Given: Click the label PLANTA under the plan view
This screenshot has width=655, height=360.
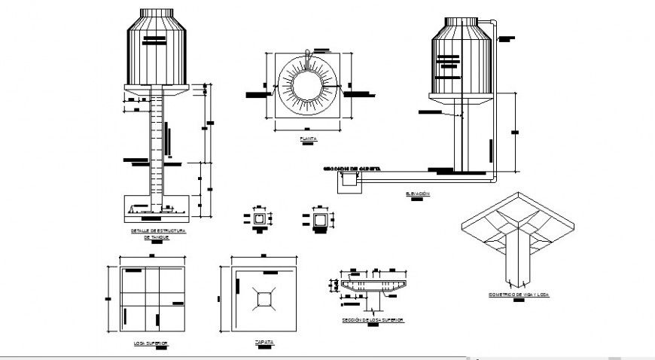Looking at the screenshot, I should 308,139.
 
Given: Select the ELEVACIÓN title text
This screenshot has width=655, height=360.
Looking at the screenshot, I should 418,194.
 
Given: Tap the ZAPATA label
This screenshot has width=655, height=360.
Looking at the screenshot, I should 264,342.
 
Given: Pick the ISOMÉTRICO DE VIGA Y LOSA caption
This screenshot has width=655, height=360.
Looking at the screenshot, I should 518,295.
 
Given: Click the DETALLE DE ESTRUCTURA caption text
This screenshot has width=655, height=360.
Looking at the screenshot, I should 157,230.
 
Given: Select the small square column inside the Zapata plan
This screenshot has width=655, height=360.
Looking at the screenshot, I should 263,300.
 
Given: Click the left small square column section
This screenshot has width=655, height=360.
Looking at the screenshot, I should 260,220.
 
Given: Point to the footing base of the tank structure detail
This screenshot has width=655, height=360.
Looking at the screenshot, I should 157,206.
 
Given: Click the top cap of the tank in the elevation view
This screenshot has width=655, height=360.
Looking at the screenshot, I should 460,22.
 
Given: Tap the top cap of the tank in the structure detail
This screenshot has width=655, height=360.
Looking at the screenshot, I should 157,14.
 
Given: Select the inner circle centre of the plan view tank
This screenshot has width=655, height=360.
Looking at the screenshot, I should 308,85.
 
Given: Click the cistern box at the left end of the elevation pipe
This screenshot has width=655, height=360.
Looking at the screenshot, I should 348,178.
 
